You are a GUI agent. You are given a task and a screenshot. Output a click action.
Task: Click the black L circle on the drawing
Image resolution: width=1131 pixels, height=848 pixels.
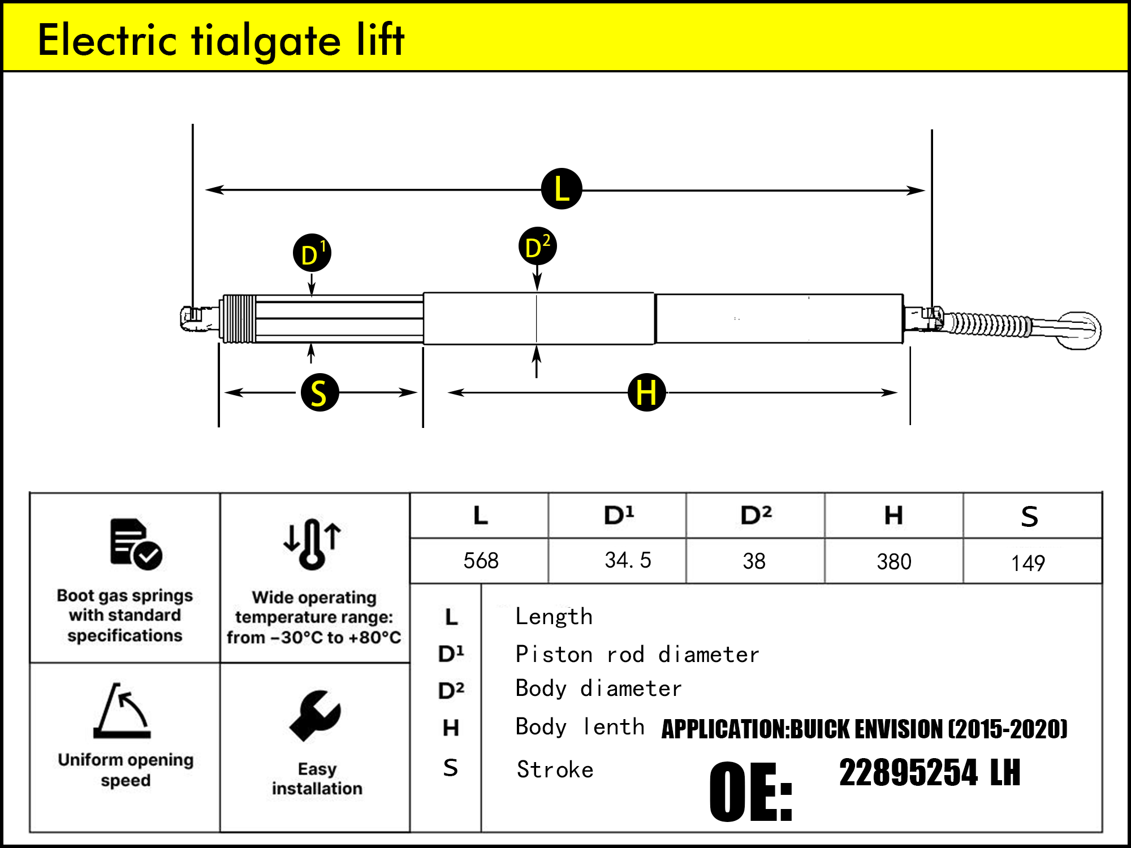click(561, 189)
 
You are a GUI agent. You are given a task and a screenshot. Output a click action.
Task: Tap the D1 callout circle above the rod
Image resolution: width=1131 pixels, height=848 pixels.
click(312, 253)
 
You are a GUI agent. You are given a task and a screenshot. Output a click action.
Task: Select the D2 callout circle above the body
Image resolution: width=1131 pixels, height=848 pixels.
click(537, 246)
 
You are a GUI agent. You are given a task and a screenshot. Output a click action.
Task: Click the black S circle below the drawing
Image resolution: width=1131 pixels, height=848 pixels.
click(320, 392)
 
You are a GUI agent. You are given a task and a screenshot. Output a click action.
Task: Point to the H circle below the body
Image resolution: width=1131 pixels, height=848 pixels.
click(646, 392)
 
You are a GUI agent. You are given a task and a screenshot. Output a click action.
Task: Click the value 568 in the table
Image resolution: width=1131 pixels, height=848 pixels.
click(481, 561)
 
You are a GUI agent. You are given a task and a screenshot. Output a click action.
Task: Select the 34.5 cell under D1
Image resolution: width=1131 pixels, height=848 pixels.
click(628, 560)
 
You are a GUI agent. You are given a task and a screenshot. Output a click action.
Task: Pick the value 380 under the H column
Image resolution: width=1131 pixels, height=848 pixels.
click(893, 562)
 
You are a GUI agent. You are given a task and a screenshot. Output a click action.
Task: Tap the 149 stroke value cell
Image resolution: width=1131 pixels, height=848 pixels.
click(1028, 563)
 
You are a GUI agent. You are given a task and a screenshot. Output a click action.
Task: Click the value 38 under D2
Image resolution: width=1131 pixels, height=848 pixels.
click(754, 561)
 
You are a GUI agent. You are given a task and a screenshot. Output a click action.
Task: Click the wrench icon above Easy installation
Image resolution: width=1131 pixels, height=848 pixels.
click(315, 716)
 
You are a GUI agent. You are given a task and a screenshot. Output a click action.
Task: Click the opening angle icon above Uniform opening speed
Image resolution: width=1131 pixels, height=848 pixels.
click(123, 711)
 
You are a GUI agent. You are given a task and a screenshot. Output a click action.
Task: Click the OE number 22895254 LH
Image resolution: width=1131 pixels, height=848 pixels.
click(930, 773)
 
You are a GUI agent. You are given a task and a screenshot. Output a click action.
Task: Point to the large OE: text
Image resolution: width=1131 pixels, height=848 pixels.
click(751, 791)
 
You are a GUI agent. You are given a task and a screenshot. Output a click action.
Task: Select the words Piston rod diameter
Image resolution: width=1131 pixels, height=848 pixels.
click(637, 655)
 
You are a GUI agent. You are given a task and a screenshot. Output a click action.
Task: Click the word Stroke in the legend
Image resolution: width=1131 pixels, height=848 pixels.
click(555, 770)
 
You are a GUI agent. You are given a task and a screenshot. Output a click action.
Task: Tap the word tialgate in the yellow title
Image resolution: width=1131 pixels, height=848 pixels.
click(266, 41)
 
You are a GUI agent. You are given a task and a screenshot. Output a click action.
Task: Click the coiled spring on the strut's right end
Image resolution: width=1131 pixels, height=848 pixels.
click(990, 325)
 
